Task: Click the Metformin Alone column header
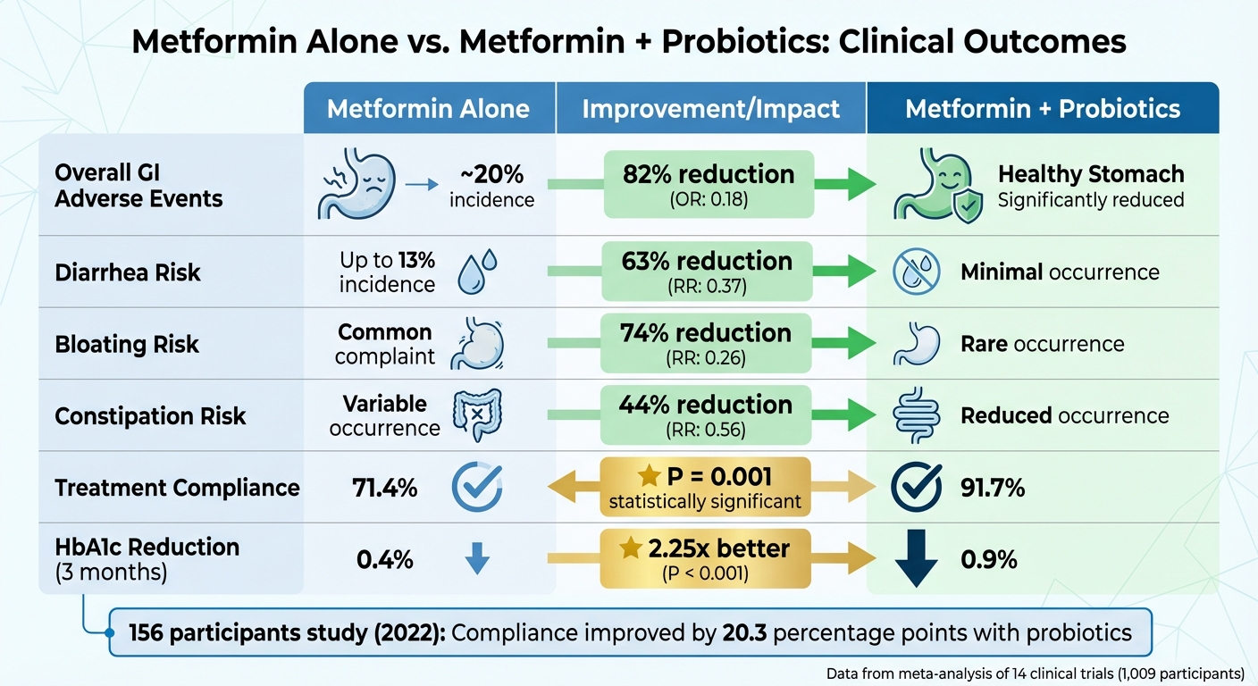(x=428, y=109)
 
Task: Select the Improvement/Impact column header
(x=710, y=109)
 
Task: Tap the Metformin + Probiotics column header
(x=1043, y=109)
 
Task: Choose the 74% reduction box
(x=706, y=343)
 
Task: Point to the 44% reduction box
(x=706, y=414)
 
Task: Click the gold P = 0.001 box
(x=706, y=487)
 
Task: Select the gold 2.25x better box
(x=706, y=558)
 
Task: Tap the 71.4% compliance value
(x=384, y=488)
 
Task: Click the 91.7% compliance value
(x=993, y=488)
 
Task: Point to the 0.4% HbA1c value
(x=384, y=560)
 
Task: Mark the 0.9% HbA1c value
(x=989, y=560)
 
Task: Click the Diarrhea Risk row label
(x=127, y=272)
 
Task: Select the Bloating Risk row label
(x=127, y=345)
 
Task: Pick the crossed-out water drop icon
(x=916, y=272)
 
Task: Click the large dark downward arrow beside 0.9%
(x=916, y=559)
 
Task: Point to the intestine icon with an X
(x=473, y=416)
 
